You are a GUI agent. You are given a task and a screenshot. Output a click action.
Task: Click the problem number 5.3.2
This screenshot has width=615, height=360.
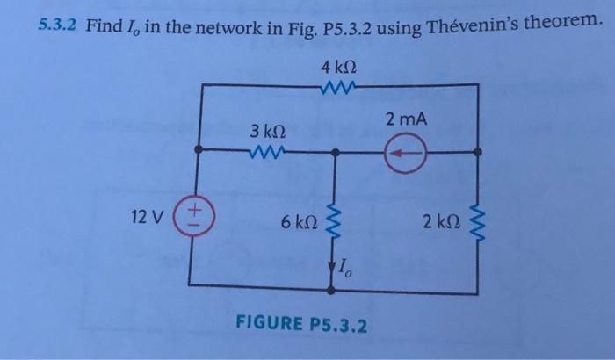point(58,28)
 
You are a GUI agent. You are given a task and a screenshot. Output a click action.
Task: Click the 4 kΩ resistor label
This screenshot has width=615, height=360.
point(338,64)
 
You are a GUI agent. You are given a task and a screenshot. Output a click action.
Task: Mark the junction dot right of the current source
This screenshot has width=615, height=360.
point(478,151)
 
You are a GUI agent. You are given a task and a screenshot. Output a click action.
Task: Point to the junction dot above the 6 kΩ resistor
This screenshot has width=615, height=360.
point(335,151)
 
